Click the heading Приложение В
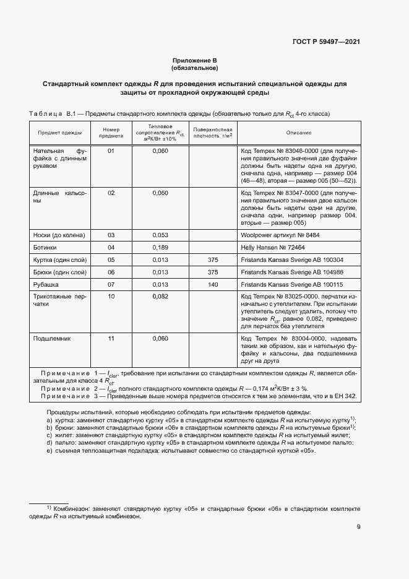195,60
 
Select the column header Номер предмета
111,133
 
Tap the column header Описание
298,133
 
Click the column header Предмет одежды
59,133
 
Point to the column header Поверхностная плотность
212,133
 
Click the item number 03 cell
111,235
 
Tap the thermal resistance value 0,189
160,246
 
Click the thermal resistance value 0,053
160,235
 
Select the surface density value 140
213,284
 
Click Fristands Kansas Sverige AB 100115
291,284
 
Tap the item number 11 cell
111,339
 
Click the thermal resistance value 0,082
160,297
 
